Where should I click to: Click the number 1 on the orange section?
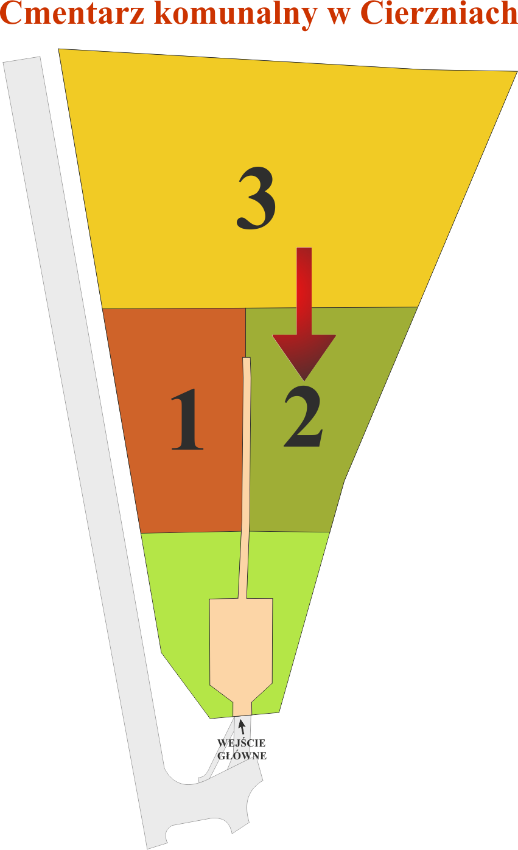pos(187,419)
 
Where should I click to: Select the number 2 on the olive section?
pos(304,417)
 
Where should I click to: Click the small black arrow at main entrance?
pos(242,726)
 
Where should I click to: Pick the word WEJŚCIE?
pos(242,743)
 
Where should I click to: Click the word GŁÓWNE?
pos(242,756)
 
